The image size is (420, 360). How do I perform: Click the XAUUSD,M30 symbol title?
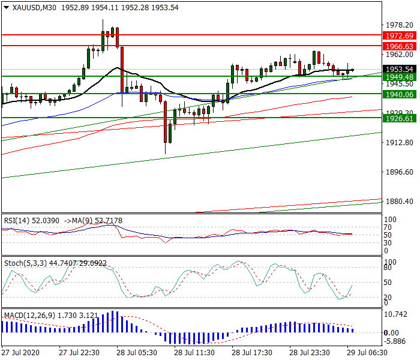[29, 7]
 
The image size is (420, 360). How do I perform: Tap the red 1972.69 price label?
[398, 36]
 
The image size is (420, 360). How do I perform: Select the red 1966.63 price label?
[398, 46]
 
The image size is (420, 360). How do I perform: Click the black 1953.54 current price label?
[398, 70]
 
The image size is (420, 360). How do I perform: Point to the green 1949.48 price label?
[398, 77]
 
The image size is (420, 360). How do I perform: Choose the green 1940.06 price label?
[398, 95]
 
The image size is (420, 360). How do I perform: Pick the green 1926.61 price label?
[398, 119]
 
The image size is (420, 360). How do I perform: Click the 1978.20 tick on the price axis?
[398, 25]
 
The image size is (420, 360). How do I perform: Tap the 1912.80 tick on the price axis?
[398, 143]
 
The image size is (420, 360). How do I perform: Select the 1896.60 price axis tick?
[398, 172]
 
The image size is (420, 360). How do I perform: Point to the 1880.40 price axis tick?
[398, 202]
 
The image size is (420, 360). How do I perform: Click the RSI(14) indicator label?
[17, 221]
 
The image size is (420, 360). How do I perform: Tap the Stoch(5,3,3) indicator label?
[23, 263]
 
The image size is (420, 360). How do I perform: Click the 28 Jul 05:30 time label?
[137, 353]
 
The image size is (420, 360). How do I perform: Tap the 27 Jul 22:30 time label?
[79, 353]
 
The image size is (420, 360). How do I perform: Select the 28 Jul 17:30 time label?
[252, 353]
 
